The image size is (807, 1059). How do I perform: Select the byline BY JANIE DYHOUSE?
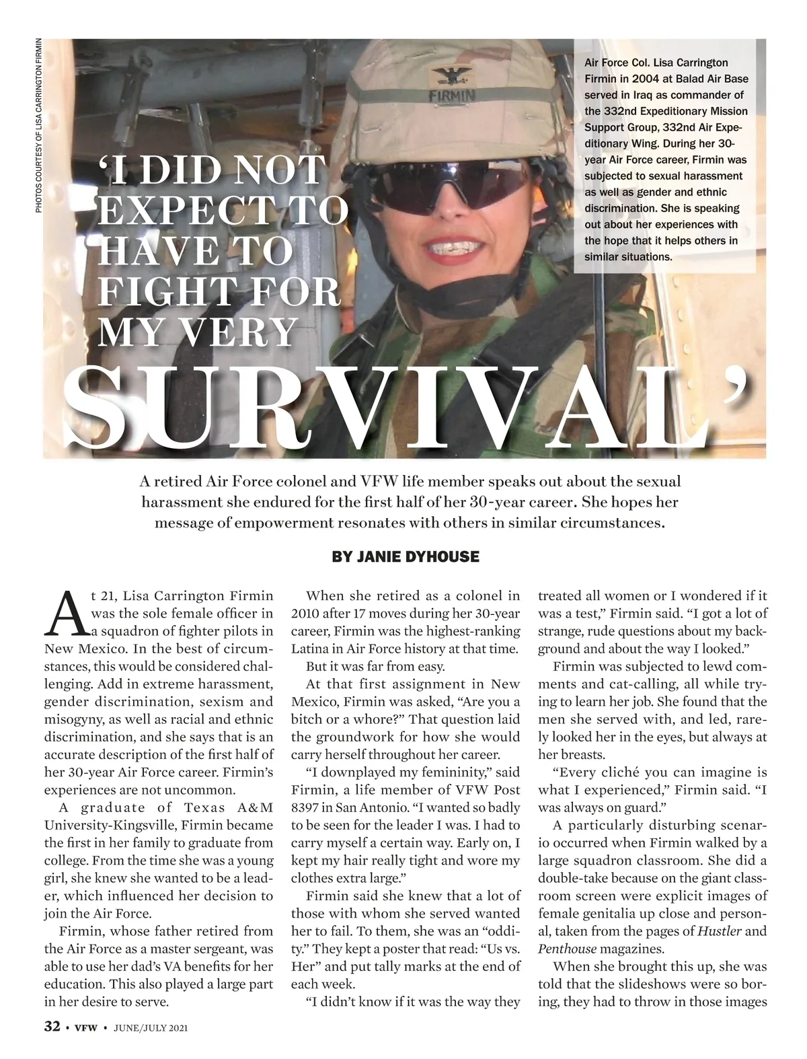pos(406,557)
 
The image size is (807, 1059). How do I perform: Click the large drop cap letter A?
pos(66,614)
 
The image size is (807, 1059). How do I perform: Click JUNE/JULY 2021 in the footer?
pos(150,1027)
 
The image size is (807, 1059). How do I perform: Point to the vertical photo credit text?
pos(39,124)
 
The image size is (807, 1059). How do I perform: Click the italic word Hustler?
pos(720,932)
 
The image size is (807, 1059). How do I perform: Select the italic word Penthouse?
pos(567,949)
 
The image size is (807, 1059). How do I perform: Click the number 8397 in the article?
pos(306,807)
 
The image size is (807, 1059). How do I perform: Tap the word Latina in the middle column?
pos(310,649)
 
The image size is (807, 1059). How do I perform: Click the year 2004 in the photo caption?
pos(640,79)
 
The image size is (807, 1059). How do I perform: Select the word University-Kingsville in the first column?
pos(112,826)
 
